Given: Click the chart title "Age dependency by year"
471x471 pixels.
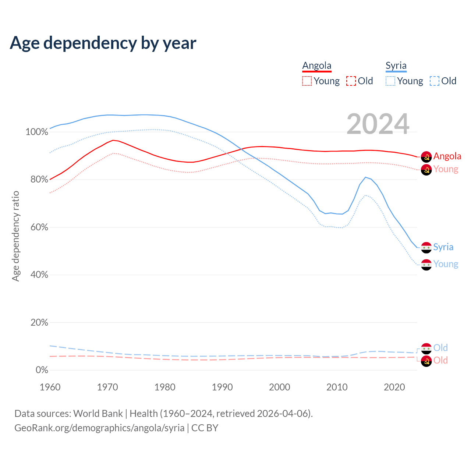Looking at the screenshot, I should [103, 43].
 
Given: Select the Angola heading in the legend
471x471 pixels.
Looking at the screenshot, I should [317, 66].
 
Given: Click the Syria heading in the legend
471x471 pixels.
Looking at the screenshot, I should [396, 66].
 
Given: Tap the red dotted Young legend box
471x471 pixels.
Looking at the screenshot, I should [307, 81].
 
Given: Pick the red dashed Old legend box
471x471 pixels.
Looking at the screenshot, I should [351, 81].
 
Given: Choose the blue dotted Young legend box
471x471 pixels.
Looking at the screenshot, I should [390, 81].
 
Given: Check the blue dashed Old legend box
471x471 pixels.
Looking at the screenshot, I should [435, 81].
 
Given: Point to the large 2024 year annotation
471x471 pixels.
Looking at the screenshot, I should [378, 124].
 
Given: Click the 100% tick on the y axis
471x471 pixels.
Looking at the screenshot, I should [37, 132].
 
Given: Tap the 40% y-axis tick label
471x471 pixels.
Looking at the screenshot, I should [39, 275].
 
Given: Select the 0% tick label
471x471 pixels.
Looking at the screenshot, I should [42, 370].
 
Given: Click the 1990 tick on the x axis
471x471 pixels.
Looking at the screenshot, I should [222, 387].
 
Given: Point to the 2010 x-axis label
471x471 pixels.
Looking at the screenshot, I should [337, 387].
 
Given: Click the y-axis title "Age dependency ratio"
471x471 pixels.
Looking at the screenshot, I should [15, 236].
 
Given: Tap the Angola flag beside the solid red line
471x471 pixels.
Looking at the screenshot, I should [426, 156].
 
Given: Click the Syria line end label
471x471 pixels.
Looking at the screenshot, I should [443, 247].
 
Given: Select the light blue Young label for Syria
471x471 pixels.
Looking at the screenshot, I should [446, 264].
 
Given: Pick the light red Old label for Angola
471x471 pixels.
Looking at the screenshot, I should [440, 360].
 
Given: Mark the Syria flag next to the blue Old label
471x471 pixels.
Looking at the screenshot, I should [426, 348].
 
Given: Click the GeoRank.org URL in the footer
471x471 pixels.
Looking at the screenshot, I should [99, 428].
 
